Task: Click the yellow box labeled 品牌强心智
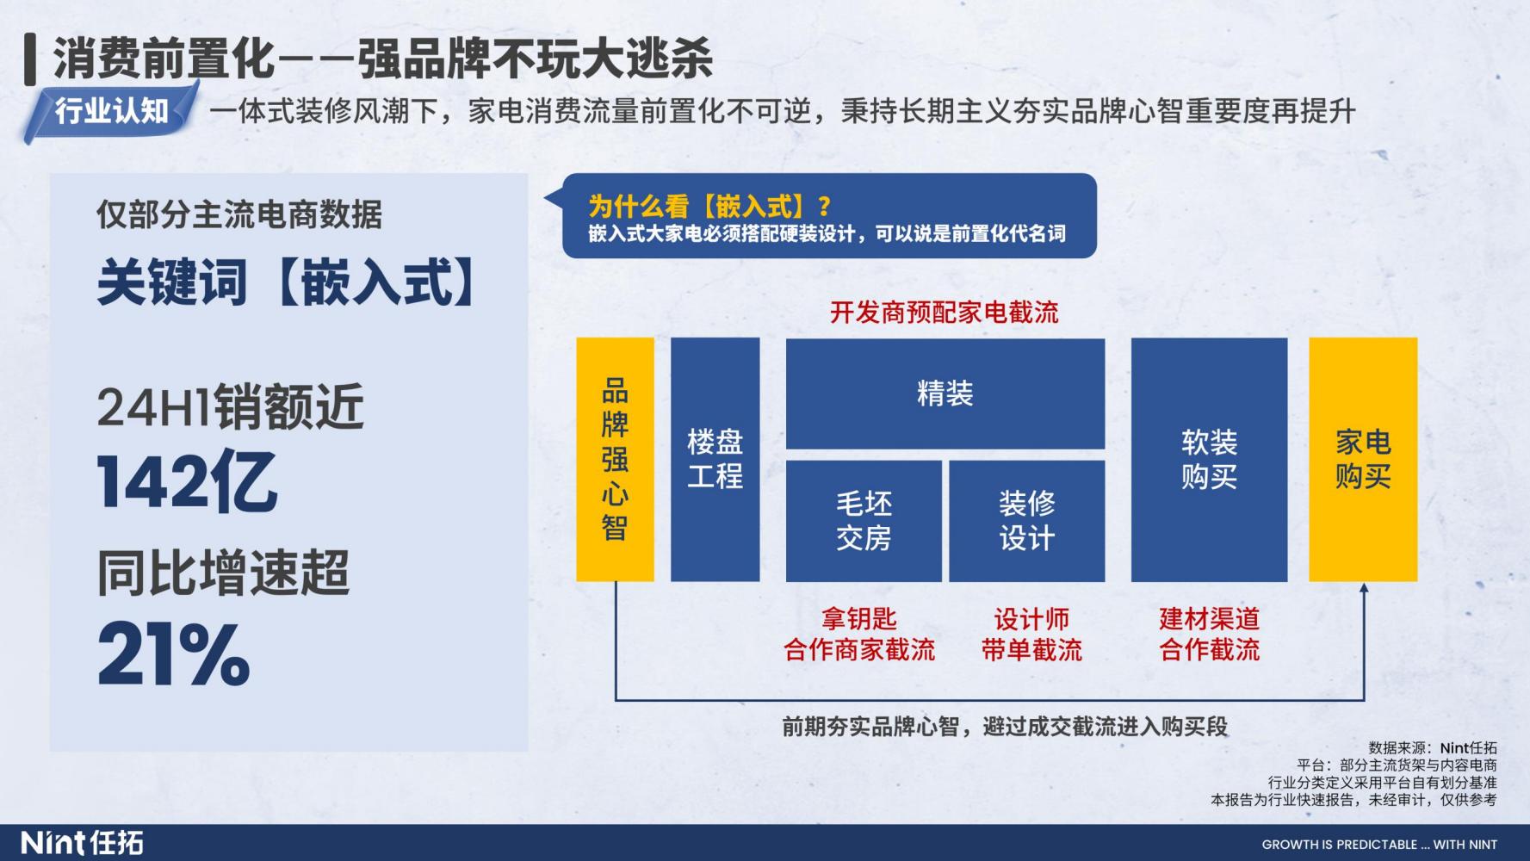point(615,459)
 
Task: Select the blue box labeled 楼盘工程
point(715,459)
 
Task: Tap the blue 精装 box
point(945,393)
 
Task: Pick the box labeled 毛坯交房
point(864,521)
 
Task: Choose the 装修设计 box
point(1027,521)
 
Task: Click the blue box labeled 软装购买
point(1209,459)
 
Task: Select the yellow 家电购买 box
point(1363,459)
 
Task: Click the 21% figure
point(174,654)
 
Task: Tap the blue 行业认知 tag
point(111,111)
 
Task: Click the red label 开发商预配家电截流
point(944,312)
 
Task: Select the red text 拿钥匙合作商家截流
point(859,634)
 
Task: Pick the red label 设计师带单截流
point(1031,634)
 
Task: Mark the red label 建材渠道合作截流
point(1209,634)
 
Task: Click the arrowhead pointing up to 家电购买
point(1363,588)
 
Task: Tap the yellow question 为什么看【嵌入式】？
point(710,206)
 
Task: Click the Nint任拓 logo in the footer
point(83,842)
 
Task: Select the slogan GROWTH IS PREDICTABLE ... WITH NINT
point(1379,845)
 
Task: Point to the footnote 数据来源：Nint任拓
point(1433,748)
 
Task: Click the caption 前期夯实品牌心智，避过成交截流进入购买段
point(1005,727)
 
